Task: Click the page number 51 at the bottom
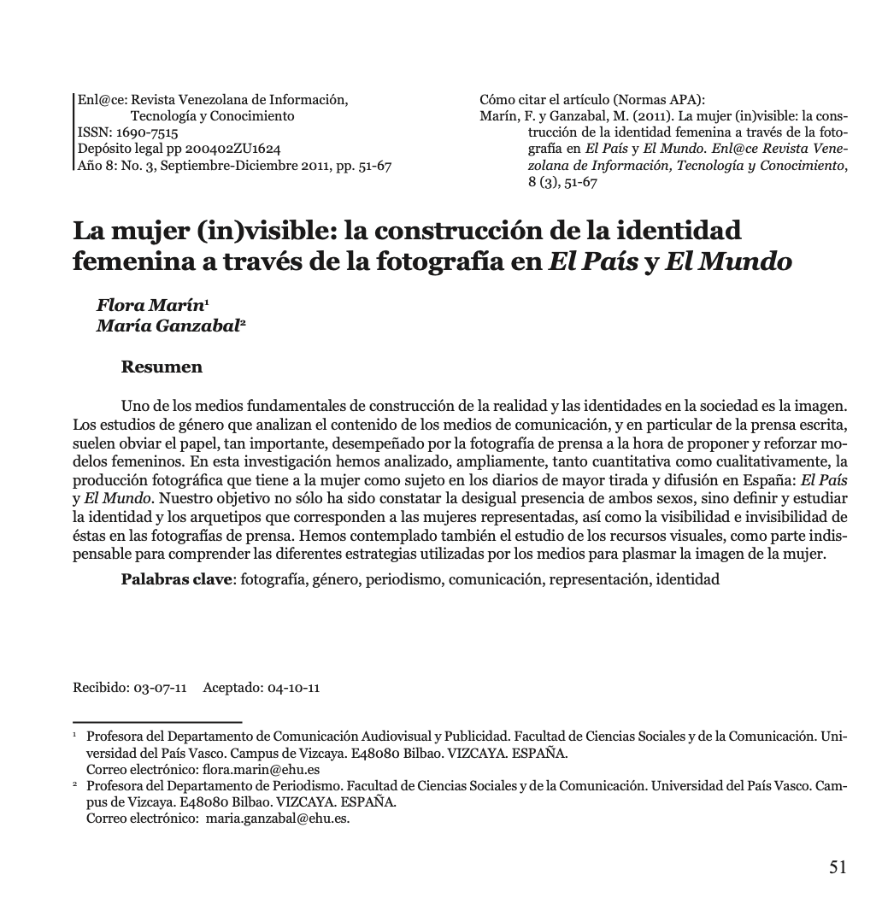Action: tap(838, 867)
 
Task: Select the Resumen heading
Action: tap(162, 367)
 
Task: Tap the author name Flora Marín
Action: tap(150, 305)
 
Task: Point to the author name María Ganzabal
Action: tap(168, 325)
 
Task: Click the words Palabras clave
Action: tap(177, 579)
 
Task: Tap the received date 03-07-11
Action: tap(160, 688)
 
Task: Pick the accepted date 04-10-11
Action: tap(293, 688)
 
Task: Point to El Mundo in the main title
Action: tap(728, 261)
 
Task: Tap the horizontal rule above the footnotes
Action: tap(157, 722)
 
